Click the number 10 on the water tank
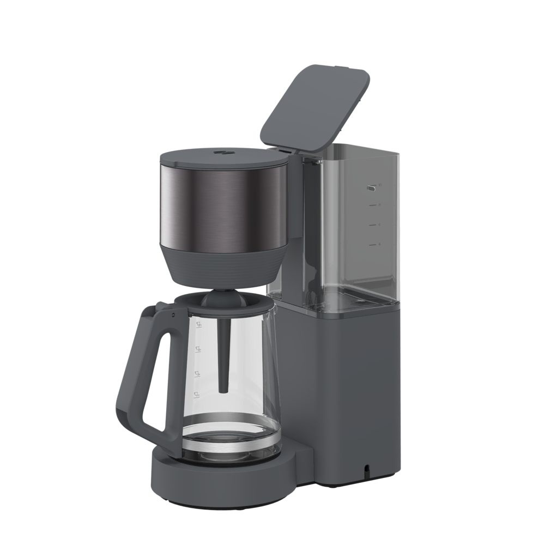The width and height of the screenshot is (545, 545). pos(380,185)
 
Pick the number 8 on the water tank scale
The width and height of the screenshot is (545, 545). pos(379,205)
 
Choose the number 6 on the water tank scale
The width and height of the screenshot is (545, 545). pos(379,225)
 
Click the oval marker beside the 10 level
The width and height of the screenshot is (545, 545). pos(372,187)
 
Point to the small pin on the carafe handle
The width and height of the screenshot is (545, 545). pos(173,315)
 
